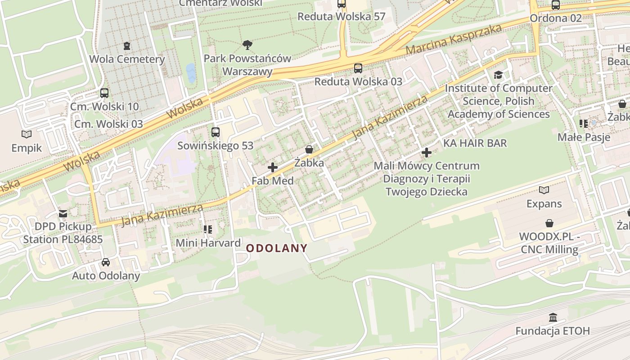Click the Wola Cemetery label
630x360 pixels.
coord(127,59)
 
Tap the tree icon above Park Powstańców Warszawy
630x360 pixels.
coord(247,45)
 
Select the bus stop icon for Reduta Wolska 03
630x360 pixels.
coord(358,68)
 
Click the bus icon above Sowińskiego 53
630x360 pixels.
coord(216,132)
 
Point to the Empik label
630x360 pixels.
coord(27,148)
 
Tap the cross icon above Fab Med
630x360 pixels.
coord(272,167)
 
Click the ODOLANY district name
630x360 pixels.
coord(277,248)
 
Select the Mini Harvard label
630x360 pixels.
coord(208,243)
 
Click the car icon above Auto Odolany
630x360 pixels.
coord(106,262)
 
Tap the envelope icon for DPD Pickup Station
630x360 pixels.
coord(63,213)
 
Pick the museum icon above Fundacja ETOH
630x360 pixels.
coord(553,318)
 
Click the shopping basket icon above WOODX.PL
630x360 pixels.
coord(549,223)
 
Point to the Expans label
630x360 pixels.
coord(544,204)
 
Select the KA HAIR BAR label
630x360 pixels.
coord(475,143)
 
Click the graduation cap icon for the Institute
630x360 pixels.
coord(498,75)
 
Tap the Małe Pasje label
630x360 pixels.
coord(584,137)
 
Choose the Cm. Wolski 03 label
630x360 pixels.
coord(108,124)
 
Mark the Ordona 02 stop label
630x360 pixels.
coord(555,18)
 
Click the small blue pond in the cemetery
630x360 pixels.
coord(191,72)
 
